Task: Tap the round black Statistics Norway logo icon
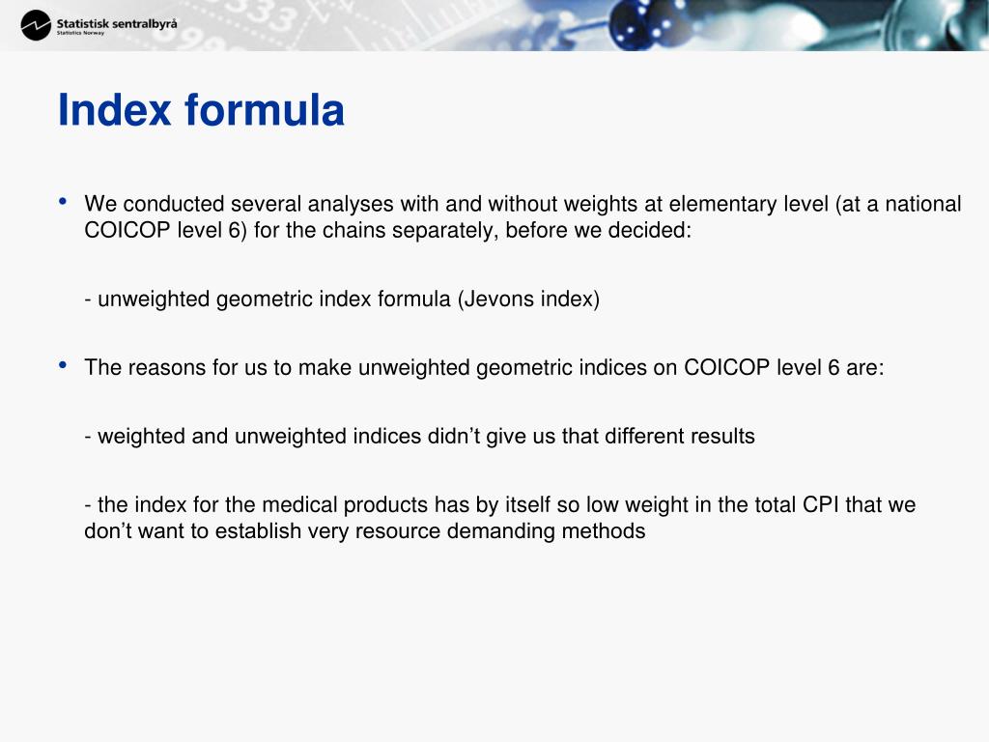(x=36, y=25)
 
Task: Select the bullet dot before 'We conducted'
(x=63, y=202)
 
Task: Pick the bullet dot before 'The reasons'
(x=63, y=365)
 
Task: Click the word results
(x=722, y=436)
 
